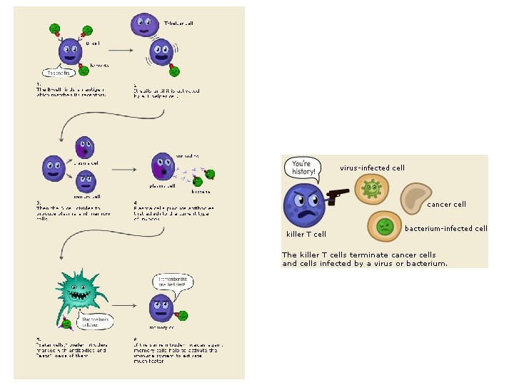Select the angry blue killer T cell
(305, 205)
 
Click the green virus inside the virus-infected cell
(371, 190)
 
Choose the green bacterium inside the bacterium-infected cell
(385, 227)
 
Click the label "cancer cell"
(446, 205)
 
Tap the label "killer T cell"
(306, 234)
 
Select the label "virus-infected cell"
(372, 168)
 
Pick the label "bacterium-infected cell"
(446, 229)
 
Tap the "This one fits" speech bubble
(59, 73)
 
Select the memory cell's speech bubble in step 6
(170, 283)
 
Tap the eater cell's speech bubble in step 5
(93, 322)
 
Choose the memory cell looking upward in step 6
(160, 308)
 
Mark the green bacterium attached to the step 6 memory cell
(182, 314)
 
